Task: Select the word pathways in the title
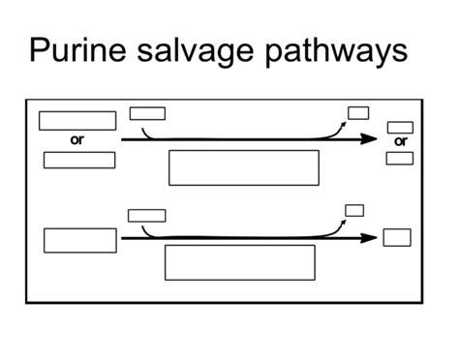[335, 50]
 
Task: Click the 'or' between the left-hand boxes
[77, 140]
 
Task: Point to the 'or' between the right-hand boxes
[400, 141]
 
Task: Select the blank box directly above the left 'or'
[77, 121]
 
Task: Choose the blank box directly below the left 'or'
[78, 161]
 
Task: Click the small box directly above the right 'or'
[400, 127]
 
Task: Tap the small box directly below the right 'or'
[400, 158]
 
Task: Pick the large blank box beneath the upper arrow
[244, 167]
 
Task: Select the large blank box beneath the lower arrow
[240, 262]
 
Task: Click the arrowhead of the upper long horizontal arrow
[370, 139]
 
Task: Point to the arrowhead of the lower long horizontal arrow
[370, 237]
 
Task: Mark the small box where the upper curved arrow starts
[147, 113]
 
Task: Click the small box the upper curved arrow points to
[358, 112]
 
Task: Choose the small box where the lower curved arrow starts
[147, 215]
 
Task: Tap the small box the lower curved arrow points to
[354, 210]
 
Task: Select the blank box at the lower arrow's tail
[80, 240]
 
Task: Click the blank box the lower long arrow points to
[397, 237]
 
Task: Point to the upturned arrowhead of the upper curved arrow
[347, 122]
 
